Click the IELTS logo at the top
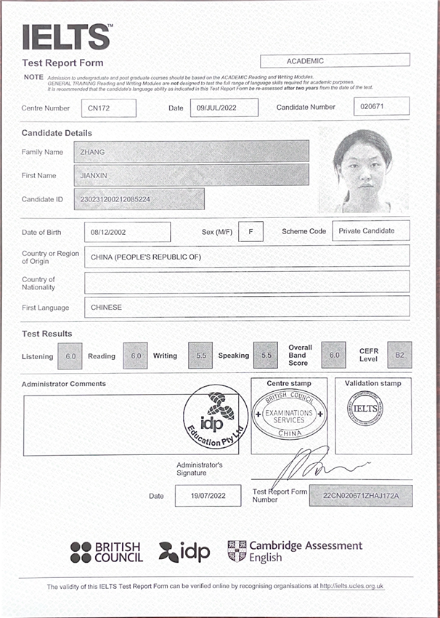[x=68, y=37]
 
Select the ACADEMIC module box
[x=335, y=61]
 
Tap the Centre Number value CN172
[x=108, y=108]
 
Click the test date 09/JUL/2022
[x=222, y=108]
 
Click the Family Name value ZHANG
[x=192, y=151]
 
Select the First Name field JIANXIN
[x=192, y=175]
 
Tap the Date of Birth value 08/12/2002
[x=127, y=232]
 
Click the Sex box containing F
[x=250, y=232]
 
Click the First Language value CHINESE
[x=247, y=307]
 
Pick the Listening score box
[x=70, y=356]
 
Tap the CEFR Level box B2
[x=399, y=356]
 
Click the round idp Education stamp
[x=215, y=417]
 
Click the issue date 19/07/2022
[x=208, y=496]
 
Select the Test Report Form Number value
[x=360, y=496]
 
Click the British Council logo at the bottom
[x=107, y=553]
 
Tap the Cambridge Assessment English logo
[x=294, y=551]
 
